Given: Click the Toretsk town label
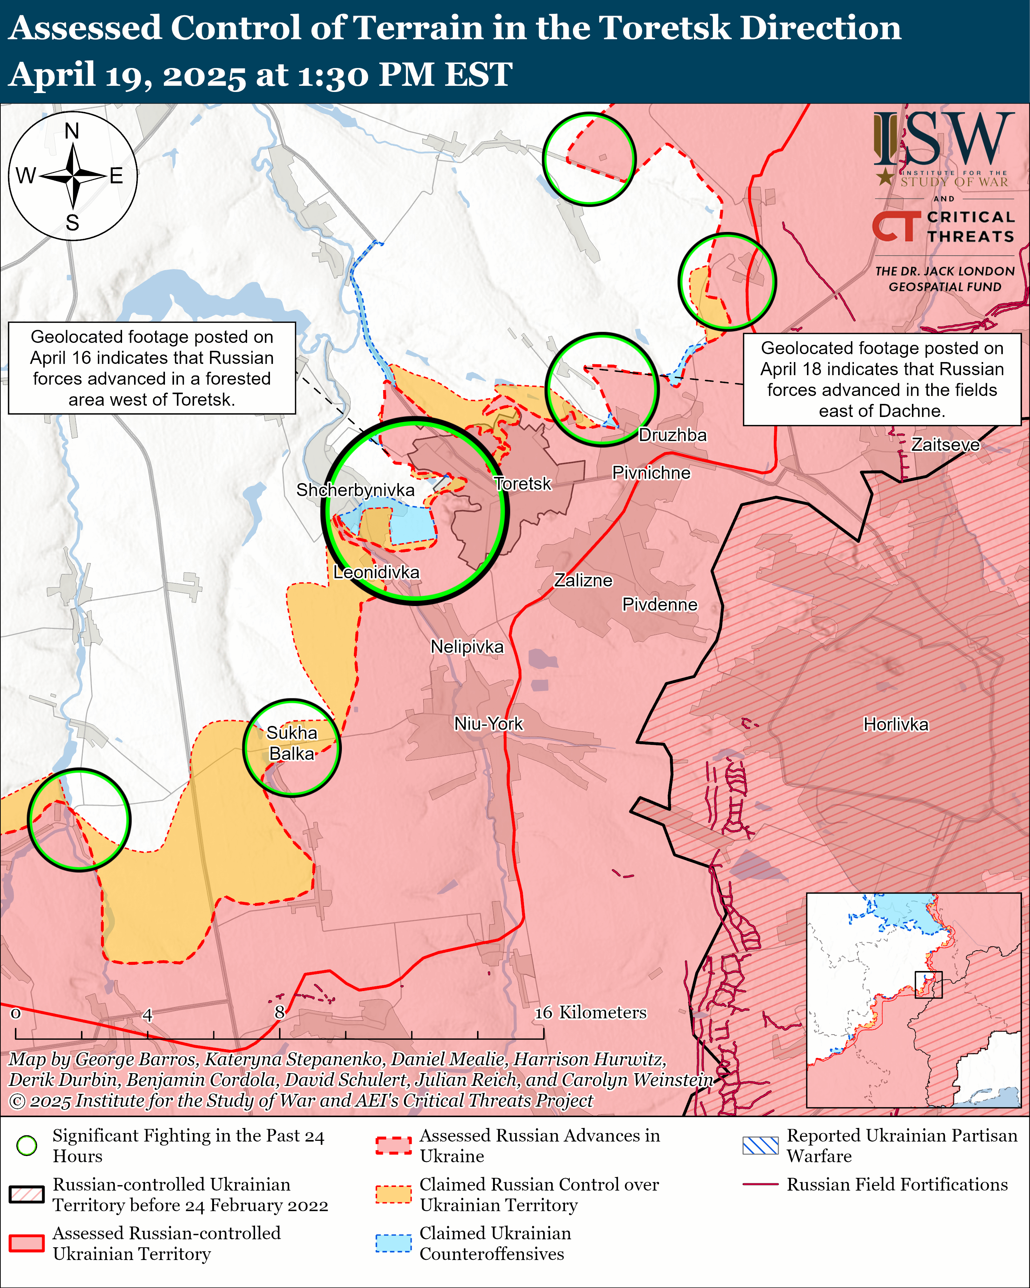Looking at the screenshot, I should tap(522, 483).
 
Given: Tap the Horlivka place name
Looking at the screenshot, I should tap(896, 725).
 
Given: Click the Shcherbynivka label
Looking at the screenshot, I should tap(355, 490).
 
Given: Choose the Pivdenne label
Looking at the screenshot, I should tap(660, 605).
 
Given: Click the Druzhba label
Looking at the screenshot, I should tap(672, 435).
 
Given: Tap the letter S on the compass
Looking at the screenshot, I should tap(72, 223).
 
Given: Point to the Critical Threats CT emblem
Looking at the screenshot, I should tap(896, 226).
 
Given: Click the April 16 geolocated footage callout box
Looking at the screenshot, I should tap(152, 368).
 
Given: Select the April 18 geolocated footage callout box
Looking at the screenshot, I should tap(881, 380).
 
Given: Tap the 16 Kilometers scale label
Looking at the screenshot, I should tap(590, 1012).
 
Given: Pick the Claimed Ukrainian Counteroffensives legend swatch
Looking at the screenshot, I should tap(393, 1243).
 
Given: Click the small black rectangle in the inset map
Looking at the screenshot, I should tap(929, 984).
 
